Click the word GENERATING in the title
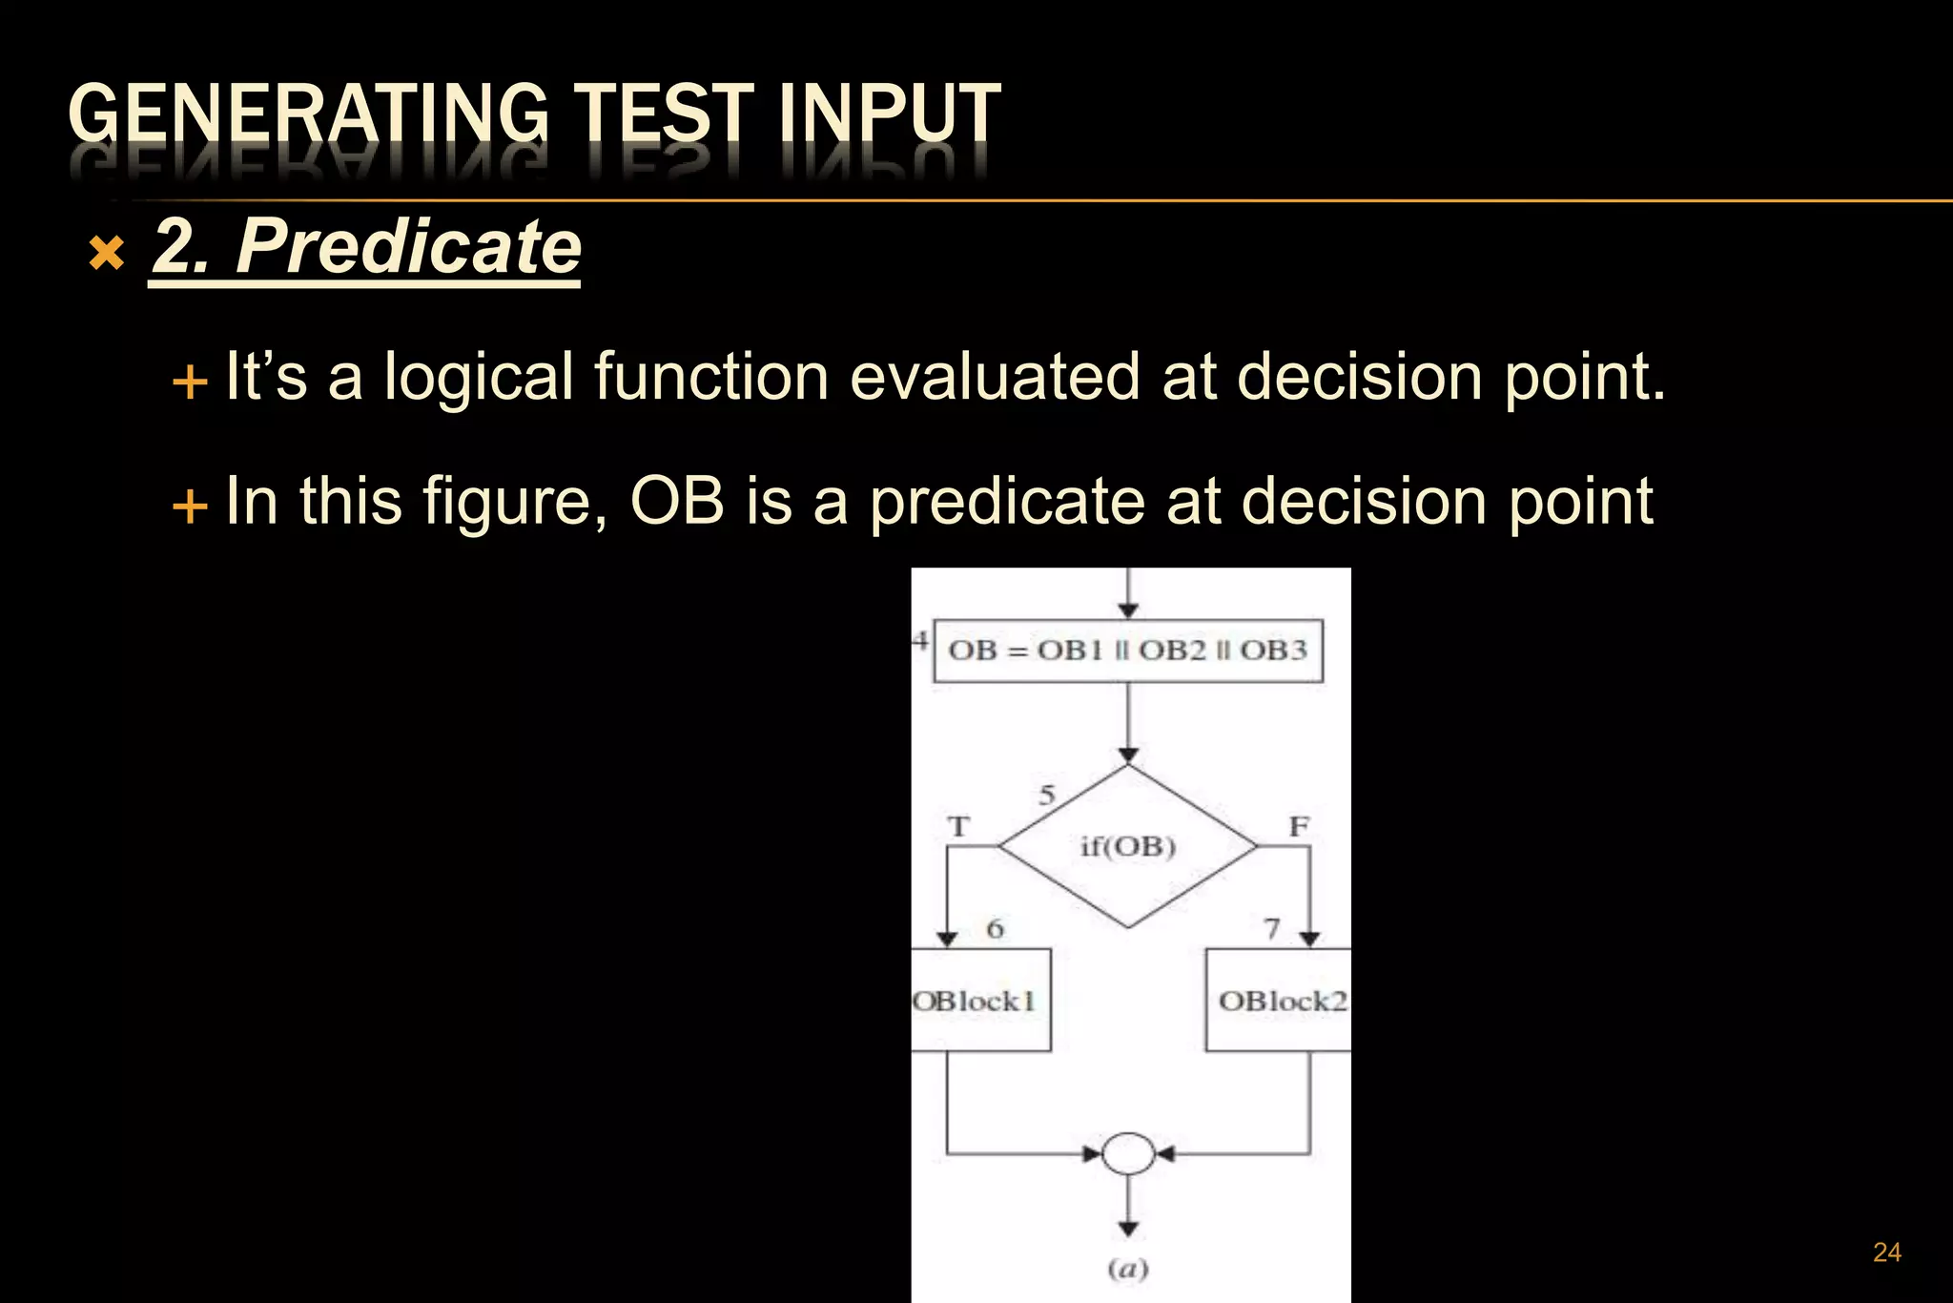[308, 114]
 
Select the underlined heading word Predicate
[408, 246]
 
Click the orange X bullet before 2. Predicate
[107, 254]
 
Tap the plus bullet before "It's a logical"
[190, 382]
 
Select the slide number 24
[1886, 1252]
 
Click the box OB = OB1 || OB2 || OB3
[1128, 651]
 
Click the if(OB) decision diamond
[1128, 846]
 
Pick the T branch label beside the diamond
[958, 826]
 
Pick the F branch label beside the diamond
[1299, 826]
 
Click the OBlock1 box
[979, 1000]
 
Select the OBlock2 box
[1279, 1000]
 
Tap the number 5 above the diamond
[1047, 795]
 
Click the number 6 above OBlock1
[995, 928]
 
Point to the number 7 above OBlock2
[1271, 928]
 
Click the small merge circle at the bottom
[1128, 1154]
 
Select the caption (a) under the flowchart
[1128, 1269]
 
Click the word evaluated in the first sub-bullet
[995, 377]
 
